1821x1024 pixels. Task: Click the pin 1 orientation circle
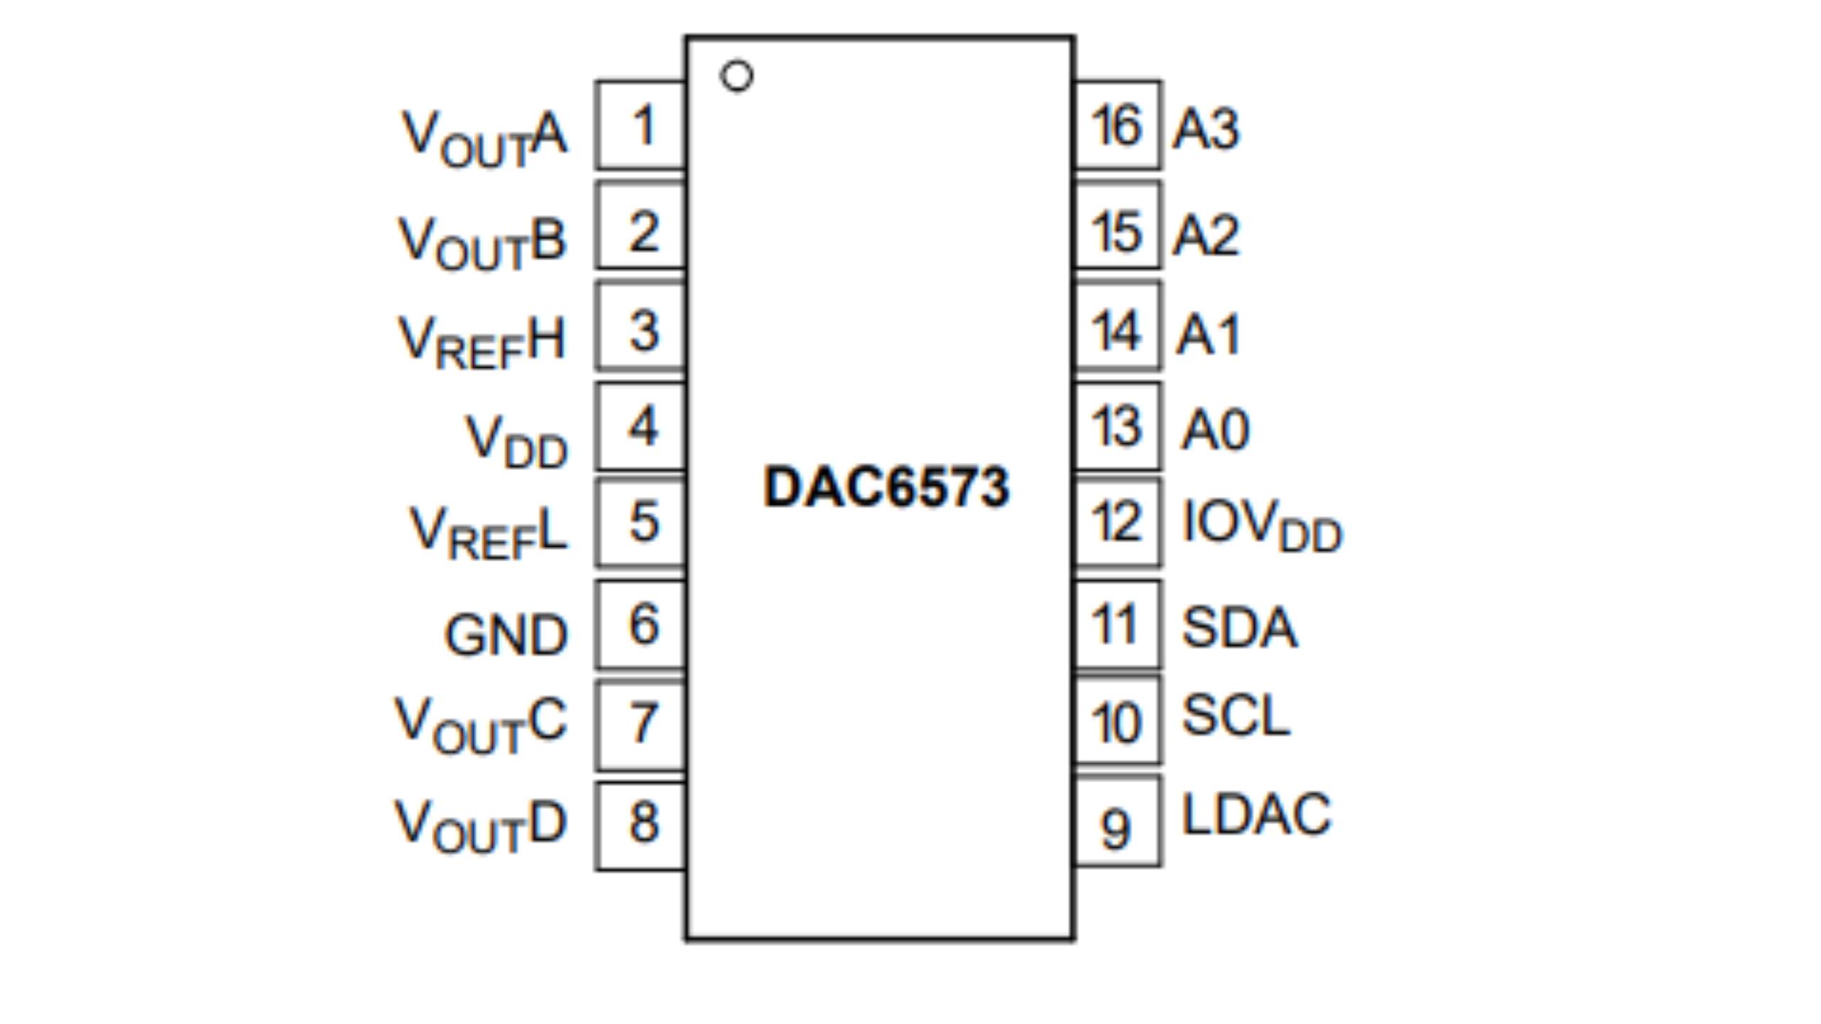click(736, 75)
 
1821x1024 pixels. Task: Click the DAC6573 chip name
click(886, 487)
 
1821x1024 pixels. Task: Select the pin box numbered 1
click(642, 125)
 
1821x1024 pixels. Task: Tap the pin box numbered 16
click(1117, 125)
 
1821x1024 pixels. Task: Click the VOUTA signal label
click(484, 138)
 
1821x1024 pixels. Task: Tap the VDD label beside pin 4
click(516, 442)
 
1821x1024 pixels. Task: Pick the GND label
click(506, 635)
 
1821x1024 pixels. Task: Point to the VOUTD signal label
click(480, 826)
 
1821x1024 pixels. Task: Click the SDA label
click(1238, 627)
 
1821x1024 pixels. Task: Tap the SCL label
click(1235, 715)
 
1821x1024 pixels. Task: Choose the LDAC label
click(1255, 814)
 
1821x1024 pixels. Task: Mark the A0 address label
click(1214, 430)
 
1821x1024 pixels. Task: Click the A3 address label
click(1206, 129)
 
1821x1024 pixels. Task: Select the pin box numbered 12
click(1117, 523)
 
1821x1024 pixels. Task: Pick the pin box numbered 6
click(642, 624)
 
